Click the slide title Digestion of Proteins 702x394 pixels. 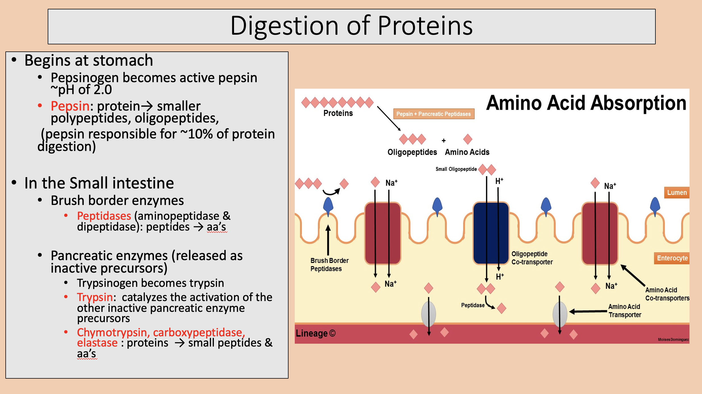click(351, 26)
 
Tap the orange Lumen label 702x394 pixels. click(676, 192)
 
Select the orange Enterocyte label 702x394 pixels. click(672, 258)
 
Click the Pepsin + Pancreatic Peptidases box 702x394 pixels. click(433, 114)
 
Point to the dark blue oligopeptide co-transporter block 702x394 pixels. click(491, 233)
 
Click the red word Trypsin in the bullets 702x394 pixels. click(95, 297)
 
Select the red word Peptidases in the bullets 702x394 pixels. click(104, 216)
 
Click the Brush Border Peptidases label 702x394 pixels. click(329, 264)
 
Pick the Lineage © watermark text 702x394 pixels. click(315, 333)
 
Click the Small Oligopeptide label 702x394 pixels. click(456, 169)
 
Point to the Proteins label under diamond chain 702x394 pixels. click(338, 113)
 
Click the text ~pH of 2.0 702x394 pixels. click(81, 90)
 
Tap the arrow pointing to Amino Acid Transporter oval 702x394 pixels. click(588, 312)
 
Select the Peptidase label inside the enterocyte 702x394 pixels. click(473, 305)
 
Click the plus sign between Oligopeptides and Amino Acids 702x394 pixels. click(444, 140)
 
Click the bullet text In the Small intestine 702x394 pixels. click(99, 183)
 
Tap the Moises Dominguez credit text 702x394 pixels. click(673, 339)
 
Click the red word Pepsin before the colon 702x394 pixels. click(70, 106)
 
